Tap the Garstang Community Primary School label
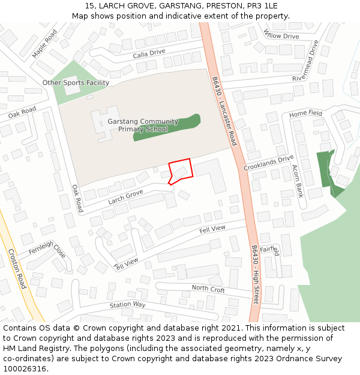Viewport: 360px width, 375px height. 143,125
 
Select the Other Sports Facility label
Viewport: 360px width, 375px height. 76,83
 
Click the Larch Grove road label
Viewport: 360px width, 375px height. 125,196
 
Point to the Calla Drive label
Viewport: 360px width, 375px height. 149,52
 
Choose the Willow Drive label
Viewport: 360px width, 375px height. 281,36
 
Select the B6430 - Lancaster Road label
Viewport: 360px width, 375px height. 224,111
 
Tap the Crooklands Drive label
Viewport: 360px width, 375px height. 268,163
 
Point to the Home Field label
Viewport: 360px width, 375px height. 305,113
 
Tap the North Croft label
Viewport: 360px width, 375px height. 208,289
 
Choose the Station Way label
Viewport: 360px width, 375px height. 127,305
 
